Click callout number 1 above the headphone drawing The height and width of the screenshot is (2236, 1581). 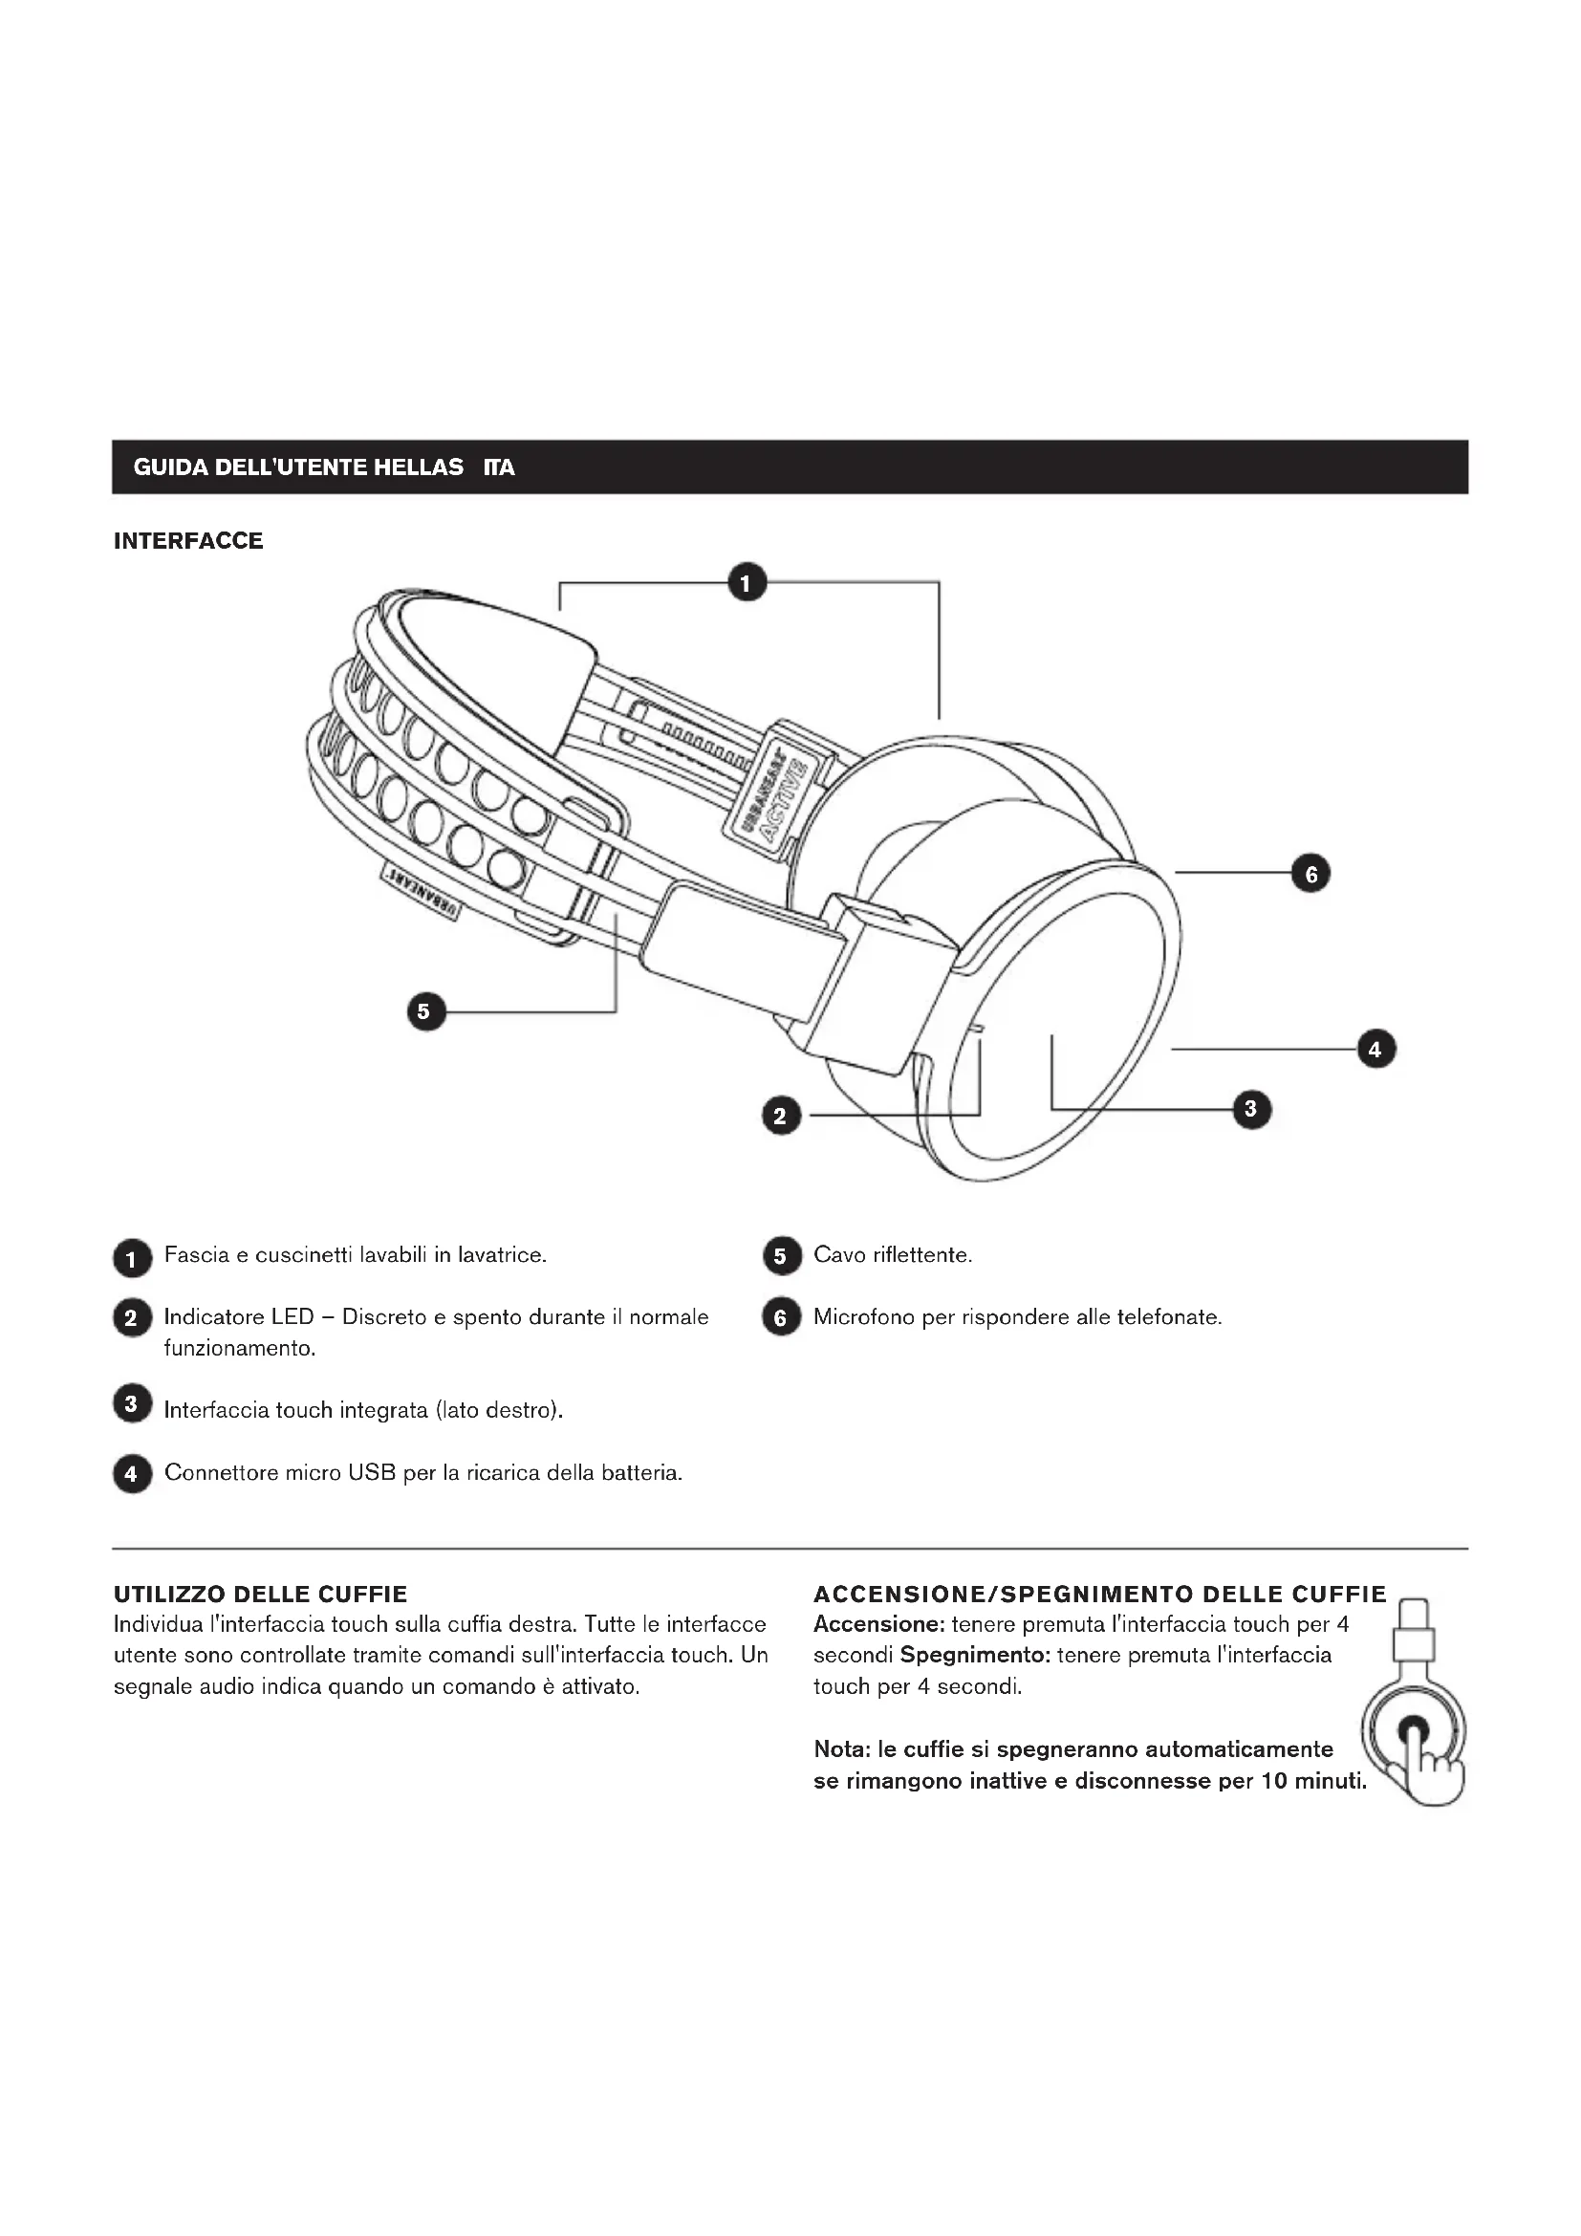point(747,582)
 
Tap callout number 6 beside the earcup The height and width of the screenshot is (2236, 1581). point(1310,874)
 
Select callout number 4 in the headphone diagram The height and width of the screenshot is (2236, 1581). point(1375,1049)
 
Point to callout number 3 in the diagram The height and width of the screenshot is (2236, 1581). point(1251,1108)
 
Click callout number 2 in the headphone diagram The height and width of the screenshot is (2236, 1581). point(781,1116)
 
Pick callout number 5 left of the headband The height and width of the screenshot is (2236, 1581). point(425,1011)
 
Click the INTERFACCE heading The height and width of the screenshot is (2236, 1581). point(188,541)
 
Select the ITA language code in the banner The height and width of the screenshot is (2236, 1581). point(498,467)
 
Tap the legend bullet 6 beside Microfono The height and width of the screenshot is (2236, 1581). point(781,1317)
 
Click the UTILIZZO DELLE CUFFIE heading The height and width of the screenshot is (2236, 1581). point(260,1595)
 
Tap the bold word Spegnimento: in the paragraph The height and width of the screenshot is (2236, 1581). point(974,1655)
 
